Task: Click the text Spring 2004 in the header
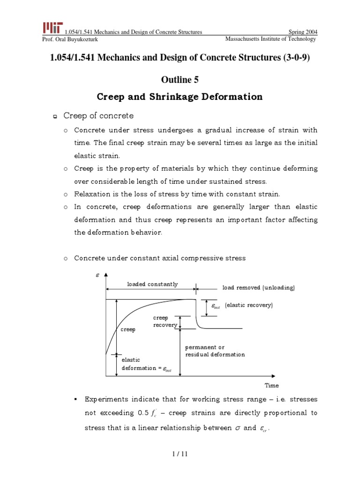pyautogui.click(x=302, y=32)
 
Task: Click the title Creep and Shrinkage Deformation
pyautogui.click(x=180, y=97)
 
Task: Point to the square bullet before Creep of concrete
pyautogui.click(x=54, y=116)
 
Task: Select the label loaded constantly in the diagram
pyautogui.click(x=152, y=284)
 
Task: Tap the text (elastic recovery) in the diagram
pyautogui.click(x=248, y=305)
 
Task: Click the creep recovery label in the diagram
pyautogui.click(x=165, y=322)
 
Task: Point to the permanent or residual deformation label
pyautogui.click(x=215, y=351)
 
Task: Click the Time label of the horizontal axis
pyautogui.click(x=271, y=385)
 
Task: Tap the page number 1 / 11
pyautogui.click(x=180, y=453)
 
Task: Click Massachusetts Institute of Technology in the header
pyautogui.click(x=270, y=39)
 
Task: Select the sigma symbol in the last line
pyautogui.click(x=236, y=427)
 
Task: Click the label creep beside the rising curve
pyautogui.click(x=128, y=330)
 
